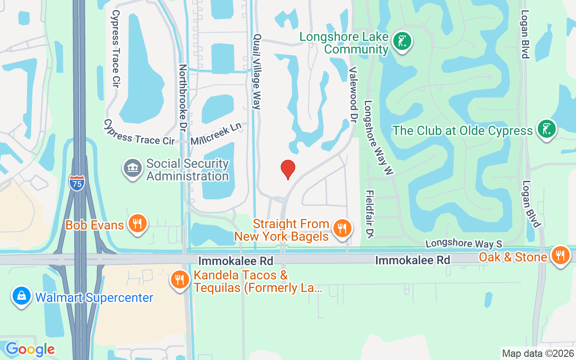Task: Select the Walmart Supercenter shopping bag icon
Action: pos(21,296)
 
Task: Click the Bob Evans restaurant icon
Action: pos(137,223)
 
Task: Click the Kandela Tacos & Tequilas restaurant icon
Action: pos(180,280)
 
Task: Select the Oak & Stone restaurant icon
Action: pos(560,256)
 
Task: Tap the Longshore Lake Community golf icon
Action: pos(402,41)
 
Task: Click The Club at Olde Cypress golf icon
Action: pos(547,129)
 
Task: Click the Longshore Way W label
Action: pos(378,137)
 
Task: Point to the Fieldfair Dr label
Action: pos(370,214)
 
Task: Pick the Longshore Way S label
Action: pos(463,243)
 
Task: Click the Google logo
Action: pos(30,349)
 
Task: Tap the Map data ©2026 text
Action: pos(538,353)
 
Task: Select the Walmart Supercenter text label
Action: pos(94,297)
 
